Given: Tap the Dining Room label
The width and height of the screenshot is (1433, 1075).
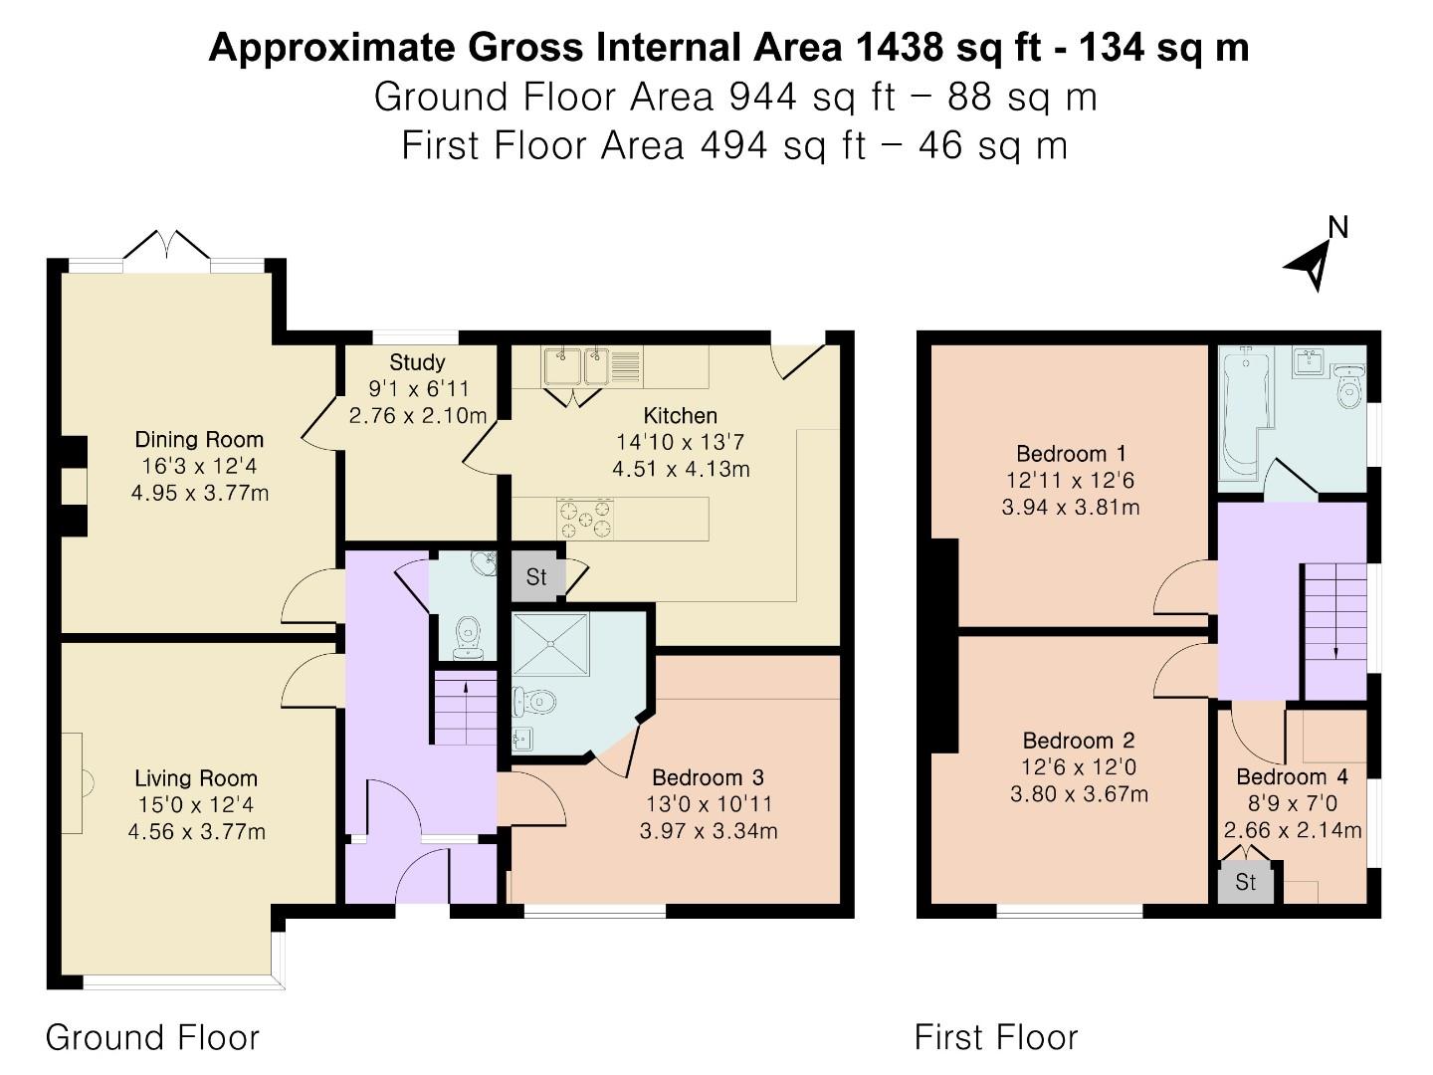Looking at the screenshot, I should tap(199, 439).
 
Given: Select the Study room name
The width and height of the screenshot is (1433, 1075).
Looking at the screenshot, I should tap(417, 362).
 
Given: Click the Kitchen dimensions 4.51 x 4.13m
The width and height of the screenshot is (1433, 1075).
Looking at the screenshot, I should tap(681, 469).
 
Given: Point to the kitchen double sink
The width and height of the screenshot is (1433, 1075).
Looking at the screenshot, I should tap(576, 365).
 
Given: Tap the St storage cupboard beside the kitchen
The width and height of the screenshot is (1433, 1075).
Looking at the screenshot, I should tap(536, 577).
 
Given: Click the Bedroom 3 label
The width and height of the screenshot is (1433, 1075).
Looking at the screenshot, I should tap(709, 777).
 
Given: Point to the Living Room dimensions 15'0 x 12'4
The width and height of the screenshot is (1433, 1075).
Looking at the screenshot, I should tap(196, 805).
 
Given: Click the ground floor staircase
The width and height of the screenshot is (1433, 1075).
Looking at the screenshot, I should tap(465, 708).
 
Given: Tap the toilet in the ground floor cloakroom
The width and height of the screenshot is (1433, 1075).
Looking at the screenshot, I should tap(467, 637).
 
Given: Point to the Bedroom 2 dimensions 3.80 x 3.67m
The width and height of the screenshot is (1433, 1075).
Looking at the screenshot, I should tap(1079, 794).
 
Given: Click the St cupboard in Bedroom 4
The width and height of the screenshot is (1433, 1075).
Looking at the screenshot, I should tap(1245, 883).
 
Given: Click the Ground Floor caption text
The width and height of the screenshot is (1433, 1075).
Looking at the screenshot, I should tap(152, 1038).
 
